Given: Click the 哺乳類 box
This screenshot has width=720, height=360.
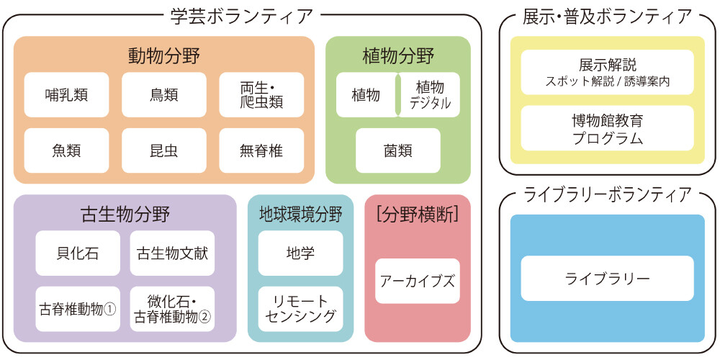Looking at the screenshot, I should point(66,94).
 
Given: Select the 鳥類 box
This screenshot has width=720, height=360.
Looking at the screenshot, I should point(164,94).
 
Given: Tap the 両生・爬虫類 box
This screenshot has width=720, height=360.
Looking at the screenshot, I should point(261,94).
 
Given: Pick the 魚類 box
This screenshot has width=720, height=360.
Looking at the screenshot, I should point(66,150).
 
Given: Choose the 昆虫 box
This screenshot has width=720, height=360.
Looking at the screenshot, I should point(164,150).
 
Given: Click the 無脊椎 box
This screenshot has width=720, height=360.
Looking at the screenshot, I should point(261,150).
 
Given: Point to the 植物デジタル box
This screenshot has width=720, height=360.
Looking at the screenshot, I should point(430,94).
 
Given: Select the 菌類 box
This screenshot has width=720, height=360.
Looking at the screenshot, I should point(397,150).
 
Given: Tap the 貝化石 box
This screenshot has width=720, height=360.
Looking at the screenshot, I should point(78,253).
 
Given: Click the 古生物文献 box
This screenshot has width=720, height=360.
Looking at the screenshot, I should point(172,253).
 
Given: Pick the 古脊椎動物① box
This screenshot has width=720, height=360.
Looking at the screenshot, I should point(78,309).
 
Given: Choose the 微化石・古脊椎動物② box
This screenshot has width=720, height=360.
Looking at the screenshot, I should point(172,309).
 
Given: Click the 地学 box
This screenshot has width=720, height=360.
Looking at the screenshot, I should point(300,253).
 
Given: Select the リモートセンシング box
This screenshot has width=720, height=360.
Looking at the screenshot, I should point(300,309).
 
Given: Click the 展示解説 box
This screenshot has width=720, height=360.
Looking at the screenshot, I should point(607,72).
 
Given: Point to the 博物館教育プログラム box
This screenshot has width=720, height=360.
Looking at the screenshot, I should point(607,128).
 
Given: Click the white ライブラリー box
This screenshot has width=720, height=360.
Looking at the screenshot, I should point(607,278).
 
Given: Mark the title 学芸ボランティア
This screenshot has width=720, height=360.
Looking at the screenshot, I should point(242,15).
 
